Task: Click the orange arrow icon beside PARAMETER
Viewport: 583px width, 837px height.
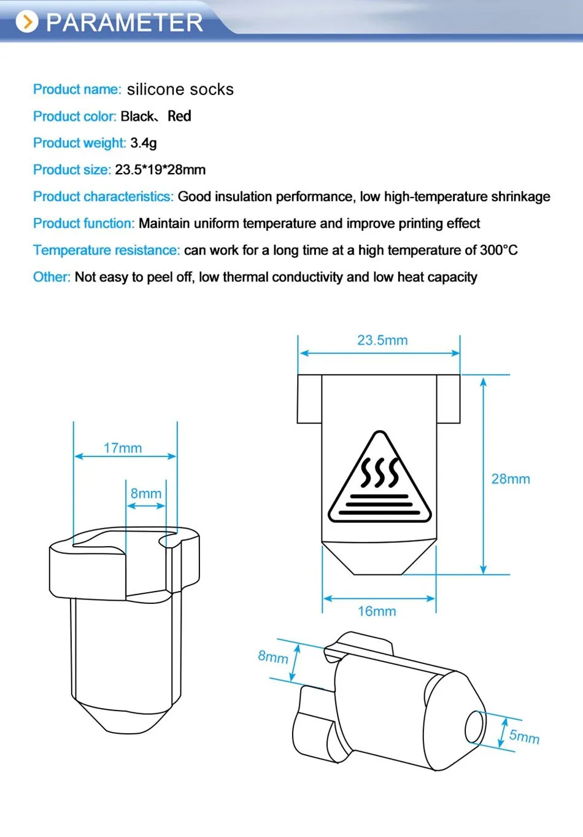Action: click(26, 22)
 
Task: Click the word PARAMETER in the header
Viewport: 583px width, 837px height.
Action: click(125, 23)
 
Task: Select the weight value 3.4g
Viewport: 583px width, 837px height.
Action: click(144, 143)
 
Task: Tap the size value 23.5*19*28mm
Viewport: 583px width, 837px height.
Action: click(160, 170)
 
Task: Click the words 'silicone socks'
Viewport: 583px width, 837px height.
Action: click(180, 90)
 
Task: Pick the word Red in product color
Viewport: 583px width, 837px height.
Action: click(179, 116)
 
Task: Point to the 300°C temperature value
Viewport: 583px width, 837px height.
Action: click(499, 250)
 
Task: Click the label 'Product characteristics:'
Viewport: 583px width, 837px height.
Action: click(103, 197)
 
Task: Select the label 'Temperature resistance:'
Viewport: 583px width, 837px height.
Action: click(106, 250)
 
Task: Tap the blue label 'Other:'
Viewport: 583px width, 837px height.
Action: click(52, 277)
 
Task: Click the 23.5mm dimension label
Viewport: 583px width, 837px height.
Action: click(382, 340)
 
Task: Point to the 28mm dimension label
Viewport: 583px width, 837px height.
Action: click(511, 479)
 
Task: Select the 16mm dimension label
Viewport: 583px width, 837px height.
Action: click(377, 611)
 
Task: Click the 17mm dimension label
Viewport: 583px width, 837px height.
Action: click(123, 448)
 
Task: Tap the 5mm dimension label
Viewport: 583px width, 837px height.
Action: click(524, 736)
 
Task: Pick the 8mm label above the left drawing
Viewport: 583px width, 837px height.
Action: click(146, 493)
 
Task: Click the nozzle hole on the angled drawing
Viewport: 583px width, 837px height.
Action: click(474, 727)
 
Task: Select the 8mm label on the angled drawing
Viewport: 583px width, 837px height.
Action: click(273, 657)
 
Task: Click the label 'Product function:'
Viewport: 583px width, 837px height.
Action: click(83, 223)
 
